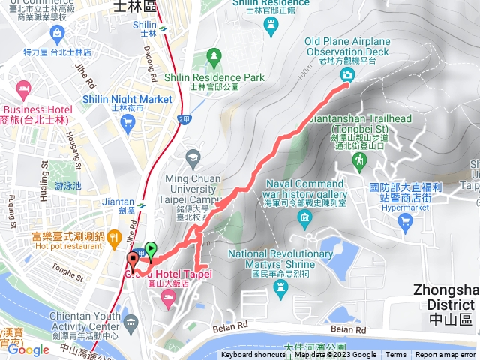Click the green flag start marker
tap(151, 250)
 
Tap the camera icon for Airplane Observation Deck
tap(347, 74)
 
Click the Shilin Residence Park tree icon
tap(215, 56)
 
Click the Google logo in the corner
tap(28, 349)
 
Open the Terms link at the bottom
tap(396, 355)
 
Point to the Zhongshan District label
tap(445, 304)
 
